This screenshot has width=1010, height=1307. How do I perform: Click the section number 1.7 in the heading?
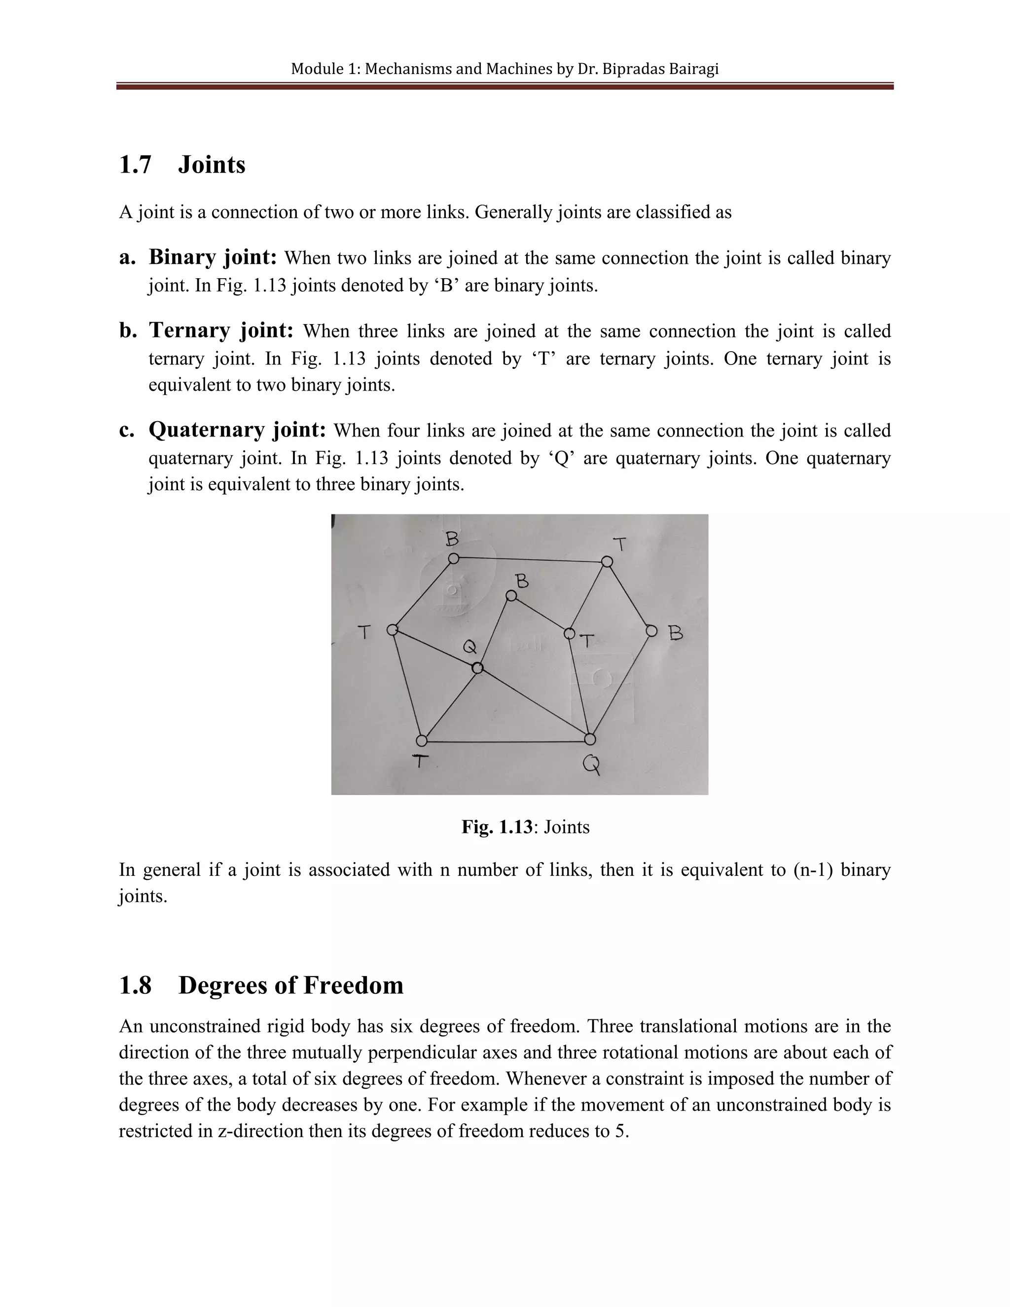pos(135,165)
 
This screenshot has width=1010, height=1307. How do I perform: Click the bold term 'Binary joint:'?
pos(213,257)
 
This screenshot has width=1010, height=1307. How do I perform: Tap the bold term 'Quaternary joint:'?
pos(237,430)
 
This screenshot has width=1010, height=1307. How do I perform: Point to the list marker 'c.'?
pos(127,430)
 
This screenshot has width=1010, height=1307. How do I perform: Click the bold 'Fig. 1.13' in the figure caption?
pos(496,827)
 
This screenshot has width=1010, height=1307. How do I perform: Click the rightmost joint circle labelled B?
pos(651,631)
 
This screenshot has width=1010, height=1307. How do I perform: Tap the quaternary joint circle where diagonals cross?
pos(477,668)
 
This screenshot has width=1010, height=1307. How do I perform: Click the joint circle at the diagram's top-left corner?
pos(454,558)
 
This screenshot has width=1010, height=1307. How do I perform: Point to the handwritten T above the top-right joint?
pos(620,544)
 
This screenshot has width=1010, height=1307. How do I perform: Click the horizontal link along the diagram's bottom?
pos(505,741)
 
